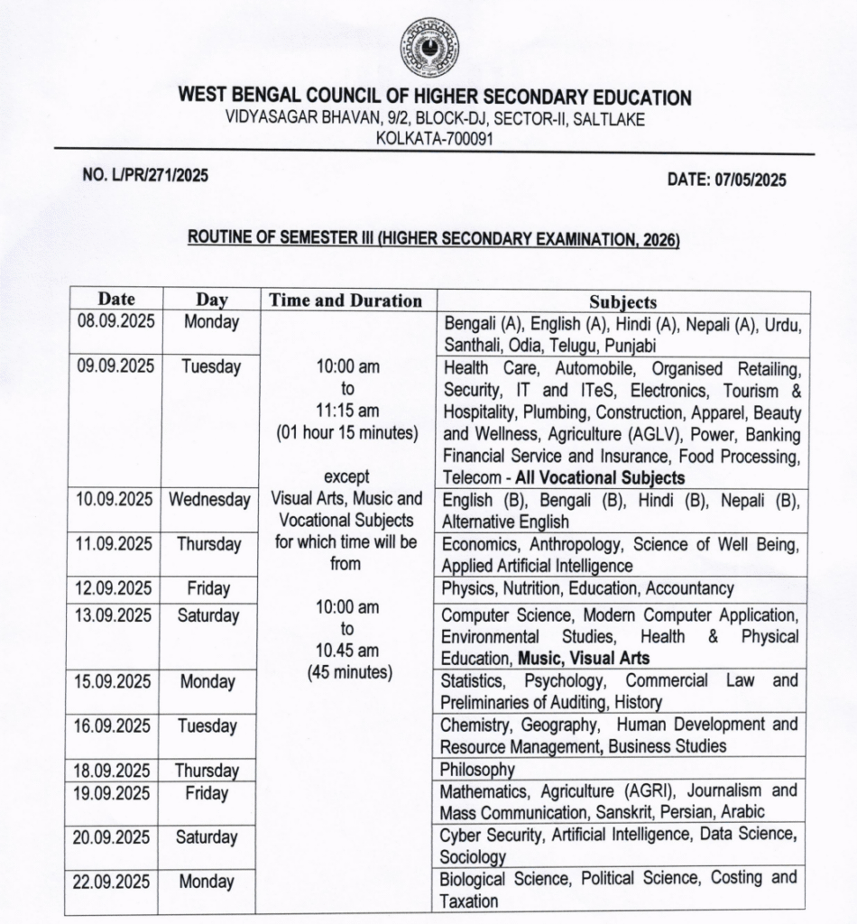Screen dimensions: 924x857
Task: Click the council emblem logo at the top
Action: (x=429, y=48)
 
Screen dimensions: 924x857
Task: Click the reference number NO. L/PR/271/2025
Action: (x=145, y=176)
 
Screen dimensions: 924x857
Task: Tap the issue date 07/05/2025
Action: (x=727, y=180)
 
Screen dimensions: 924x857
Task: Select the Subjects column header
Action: (x=622, y=301)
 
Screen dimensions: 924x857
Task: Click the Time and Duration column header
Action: (x=347, y=300)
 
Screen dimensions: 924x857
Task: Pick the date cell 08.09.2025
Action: (x=115, y=322)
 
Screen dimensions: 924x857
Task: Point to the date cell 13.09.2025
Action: (x=115, y=615)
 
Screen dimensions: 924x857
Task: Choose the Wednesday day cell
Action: (x=208, y=500)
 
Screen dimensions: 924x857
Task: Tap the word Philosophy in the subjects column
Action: (x=477, y=770)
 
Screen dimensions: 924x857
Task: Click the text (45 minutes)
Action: (x=347, y=672)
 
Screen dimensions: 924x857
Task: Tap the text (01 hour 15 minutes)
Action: (x=347, y=433)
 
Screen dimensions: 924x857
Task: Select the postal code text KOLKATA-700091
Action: (x=434, y=138)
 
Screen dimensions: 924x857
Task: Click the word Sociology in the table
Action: (x=473, y=856)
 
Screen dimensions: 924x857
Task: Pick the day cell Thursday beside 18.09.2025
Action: (x=207, y=771)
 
